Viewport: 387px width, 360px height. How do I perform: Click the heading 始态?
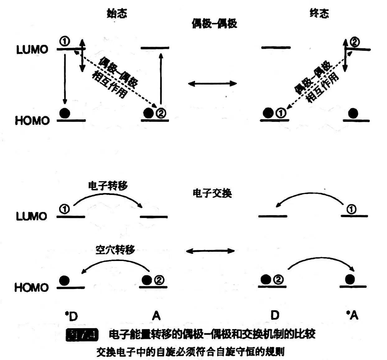[x=117, y=13]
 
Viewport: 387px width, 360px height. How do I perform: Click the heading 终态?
[x=319, y=13]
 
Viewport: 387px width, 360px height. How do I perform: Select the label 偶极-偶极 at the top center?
[x=214, y=24]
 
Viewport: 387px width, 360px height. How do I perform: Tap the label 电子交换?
[x=212, y=193]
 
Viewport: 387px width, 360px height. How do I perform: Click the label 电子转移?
[x=108, y=186]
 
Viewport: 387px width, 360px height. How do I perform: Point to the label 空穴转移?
[x=115, y=250]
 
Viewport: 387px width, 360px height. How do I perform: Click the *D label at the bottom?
[x=71, y=316]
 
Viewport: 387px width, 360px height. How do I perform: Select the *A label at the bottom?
[x=352, y=316]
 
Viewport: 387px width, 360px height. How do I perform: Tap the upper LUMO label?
[x=32, y=50]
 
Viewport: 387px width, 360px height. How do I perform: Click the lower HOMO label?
[x=32, y=287]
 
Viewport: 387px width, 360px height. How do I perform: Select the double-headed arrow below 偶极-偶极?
[x=212, y=83]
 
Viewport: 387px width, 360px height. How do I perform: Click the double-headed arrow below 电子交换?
[x=210, y=251]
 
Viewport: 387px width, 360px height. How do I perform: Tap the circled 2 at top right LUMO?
[x=355, y=42]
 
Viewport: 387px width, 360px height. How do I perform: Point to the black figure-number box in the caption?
[x=82, y=335]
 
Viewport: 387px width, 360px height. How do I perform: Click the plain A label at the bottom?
[x=156, y=316]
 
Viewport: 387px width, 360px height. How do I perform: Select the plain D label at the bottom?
[x=275, y=315]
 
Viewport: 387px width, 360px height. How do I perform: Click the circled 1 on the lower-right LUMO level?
[x=351, y=209]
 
